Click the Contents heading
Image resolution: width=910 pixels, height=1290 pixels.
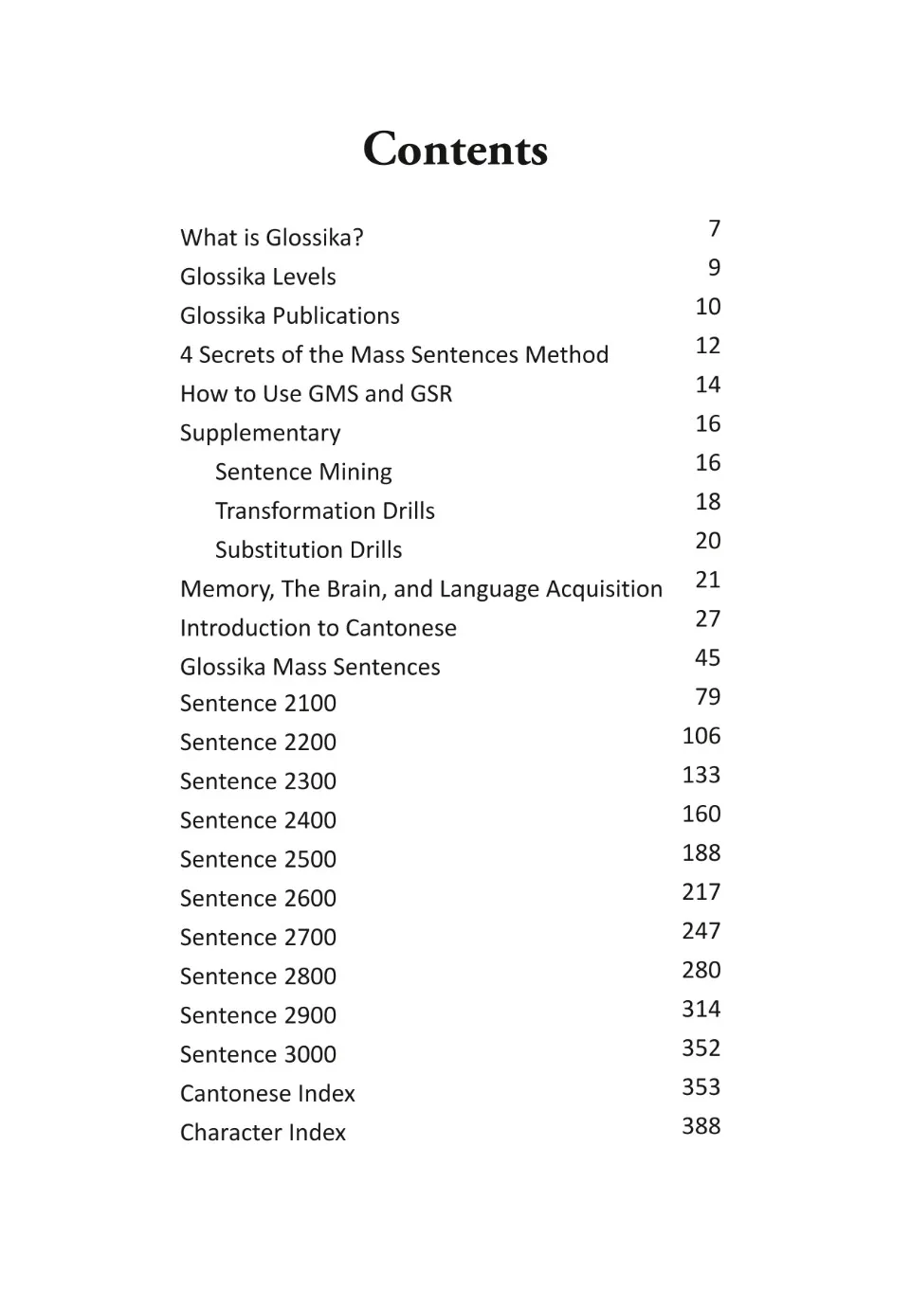(x=455, y=150)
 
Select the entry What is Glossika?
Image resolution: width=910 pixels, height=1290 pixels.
(x=271, y=238)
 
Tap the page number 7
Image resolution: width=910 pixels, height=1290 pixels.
(x=714, y=228)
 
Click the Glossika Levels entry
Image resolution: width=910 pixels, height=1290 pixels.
(x=258, y=277)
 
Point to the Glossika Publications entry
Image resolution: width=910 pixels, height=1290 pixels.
(x=289, y=315)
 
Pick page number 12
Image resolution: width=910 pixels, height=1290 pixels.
(x=707, y=346)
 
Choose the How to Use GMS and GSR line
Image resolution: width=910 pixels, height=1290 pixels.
(x=316, y=393)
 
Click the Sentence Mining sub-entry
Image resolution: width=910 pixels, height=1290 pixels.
(x=303, y=472)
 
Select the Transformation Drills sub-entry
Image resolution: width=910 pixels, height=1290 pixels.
(x=324, y=511)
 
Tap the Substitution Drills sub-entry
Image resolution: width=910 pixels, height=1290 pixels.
(x=308, y=549)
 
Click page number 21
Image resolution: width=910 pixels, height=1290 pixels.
(x=707, y=580)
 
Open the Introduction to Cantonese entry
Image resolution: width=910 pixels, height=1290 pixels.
(x=318, y=628)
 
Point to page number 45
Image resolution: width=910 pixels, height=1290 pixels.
(x=707, y=657)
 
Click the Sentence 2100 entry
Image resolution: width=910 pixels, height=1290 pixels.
(x=258, y=703)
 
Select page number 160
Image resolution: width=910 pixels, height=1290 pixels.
(x=701, y=814)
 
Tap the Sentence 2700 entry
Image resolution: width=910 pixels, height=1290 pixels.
(x=258, y=937)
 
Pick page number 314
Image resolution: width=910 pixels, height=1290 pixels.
(x=701, y=1009)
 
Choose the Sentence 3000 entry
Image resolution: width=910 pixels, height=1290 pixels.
(x=258, y=1054)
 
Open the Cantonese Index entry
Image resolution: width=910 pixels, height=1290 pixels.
(x=267, y=1093)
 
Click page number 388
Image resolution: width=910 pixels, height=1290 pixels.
(x=701, y=1126)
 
